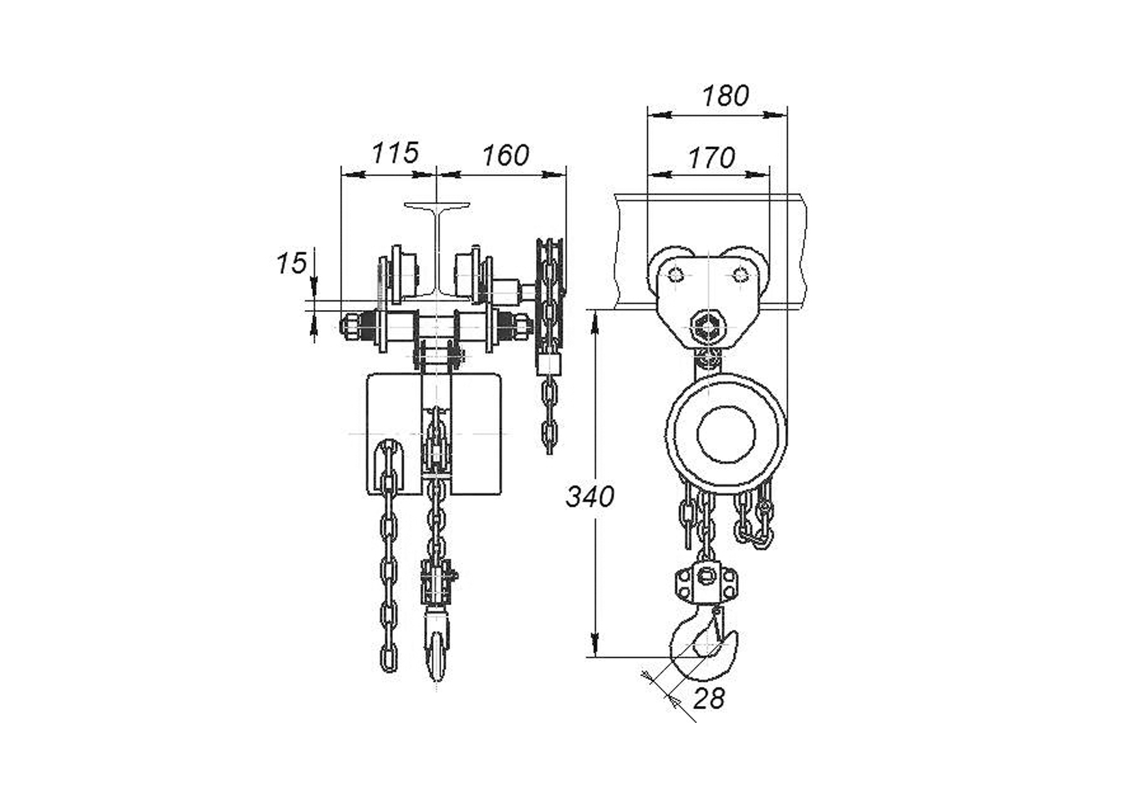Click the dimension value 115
coord(395,153)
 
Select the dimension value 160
coord(505,156)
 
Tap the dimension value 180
coord(725,96)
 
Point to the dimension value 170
coord(712,158)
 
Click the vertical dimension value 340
coord(590,497)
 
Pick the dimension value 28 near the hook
coord(708,699)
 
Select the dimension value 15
coord(291,263)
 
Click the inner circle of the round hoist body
coord(726,435)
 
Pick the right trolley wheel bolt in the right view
coord(740,275)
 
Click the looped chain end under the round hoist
coord(755,520)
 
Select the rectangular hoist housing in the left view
coord(434,434)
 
